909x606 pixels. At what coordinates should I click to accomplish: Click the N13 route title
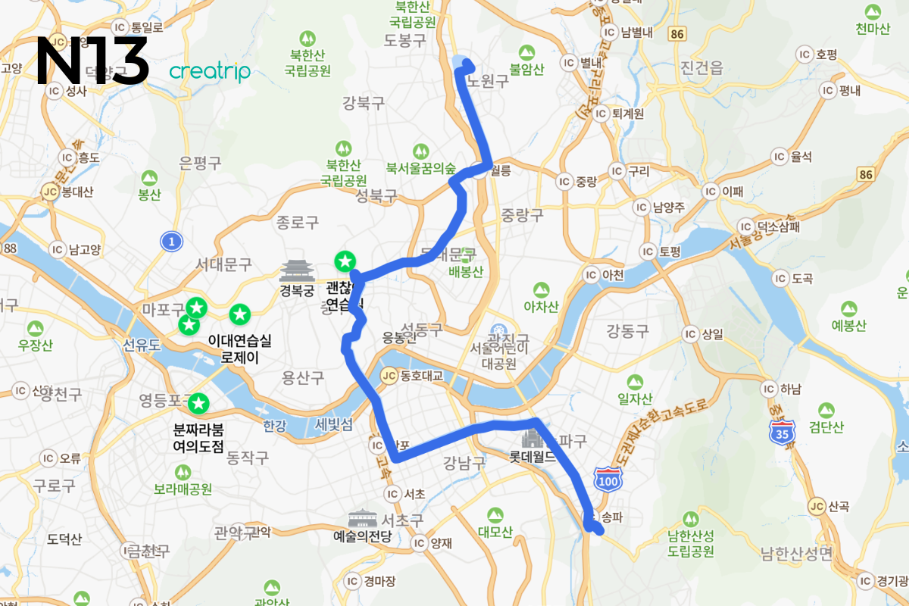(x=92, y=61)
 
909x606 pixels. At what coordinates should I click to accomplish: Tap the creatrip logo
(x=210, y=71)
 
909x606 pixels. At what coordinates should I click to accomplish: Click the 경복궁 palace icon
(x=296, y=270)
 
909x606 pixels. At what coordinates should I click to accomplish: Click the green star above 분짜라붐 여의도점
(x=198, y=404)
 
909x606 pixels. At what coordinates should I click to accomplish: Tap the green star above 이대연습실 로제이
(x=240, y=314)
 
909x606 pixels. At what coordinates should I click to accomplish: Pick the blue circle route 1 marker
(x=172, y=242)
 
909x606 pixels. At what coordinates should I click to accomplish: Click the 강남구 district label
(x=464, y=463)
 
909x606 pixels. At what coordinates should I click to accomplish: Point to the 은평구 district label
(x=200, y=162)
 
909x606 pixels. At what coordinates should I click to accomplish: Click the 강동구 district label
(x=628, y=330)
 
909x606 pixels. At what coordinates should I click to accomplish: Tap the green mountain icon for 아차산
(x=541, y=290)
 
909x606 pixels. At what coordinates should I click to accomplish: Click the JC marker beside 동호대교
(x=389, y=375)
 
